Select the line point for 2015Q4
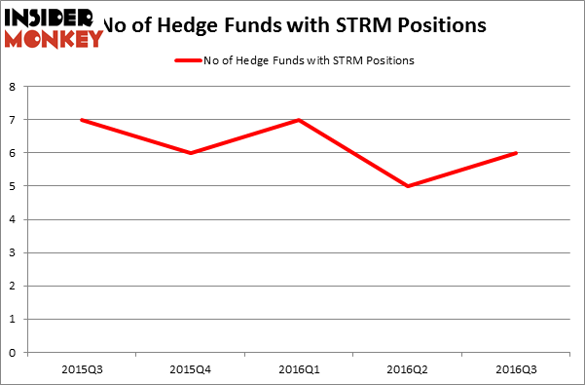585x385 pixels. coord(192,153)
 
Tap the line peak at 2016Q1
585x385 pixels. coord(300,120)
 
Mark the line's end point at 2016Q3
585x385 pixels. coord(515,153)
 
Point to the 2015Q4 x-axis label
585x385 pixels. coord(192,368)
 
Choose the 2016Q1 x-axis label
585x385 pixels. coord(300,368)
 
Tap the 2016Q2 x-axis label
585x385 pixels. coord(407,368)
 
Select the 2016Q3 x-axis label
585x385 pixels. coord(515,368)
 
